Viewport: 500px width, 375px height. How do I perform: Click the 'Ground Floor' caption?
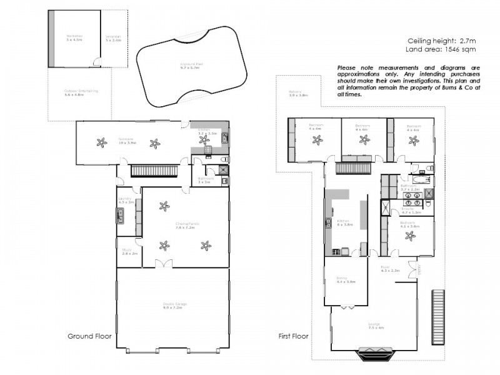pos(89,336)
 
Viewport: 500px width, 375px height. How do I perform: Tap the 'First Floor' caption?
pos(292,336)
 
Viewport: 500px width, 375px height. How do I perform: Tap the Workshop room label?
pos(74,38)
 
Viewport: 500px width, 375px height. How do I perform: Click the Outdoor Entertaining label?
pos(81,92)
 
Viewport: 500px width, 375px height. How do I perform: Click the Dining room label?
pos(345,281)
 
